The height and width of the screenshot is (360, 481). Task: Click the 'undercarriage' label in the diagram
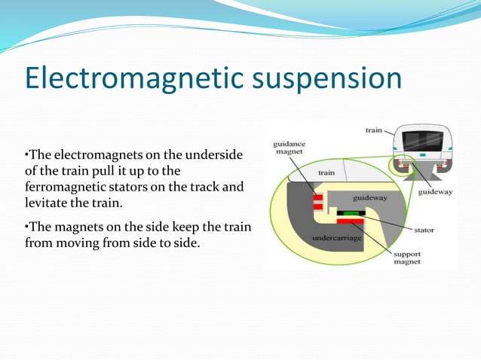[x=335, y=238]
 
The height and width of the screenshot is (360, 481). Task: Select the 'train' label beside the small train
[x=374, y=130]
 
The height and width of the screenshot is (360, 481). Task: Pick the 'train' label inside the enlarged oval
[x=326, y=172]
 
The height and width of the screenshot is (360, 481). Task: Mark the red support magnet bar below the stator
[x=350, y=221]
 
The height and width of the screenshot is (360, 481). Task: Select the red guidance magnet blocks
[x=318, y=201]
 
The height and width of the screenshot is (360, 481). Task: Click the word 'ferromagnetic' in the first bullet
[x=64, y=186]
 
